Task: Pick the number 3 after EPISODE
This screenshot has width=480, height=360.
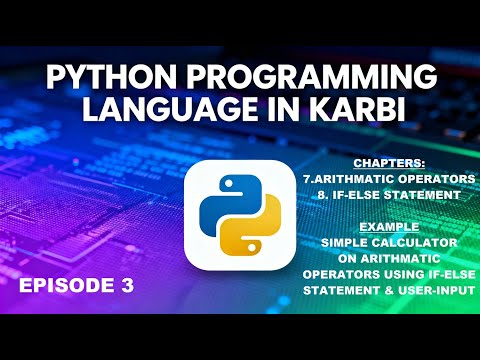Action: (126, 285)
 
